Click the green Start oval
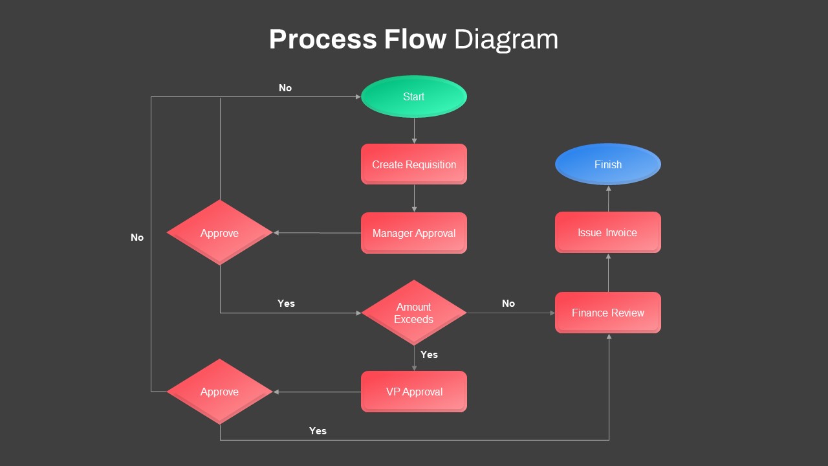click(x=414, y=96)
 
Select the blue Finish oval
click(x=608, y=164)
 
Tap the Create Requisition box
click(x=414, y=164)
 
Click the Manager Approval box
click(x=414, y=233)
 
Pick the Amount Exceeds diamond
click(x=414, y=313)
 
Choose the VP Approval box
click(x=414, y=392)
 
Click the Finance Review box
click(x=608, y=313)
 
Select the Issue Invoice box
click(x=608, y=232)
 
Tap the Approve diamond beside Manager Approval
click(x=220, y=233)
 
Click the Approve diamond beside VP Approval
click(x=220, y=392)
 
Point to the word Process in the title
click(x=323, y=39)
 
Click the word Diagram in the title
click(x=506, y=39)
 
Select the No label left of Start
click(x=285, y=88)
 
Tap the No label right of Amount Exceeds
click(x=508, y=304)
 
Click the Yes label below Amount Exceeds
click(x=429, y=355)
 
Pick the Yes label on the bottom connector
click(x=318, y=431)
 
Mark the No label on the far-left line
click(x=137, y=238)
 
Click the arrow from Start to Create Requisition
click(x=414, y=131)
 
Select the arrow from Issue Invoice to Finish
click(x=608, y=198)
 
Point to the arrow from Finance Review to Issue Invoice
click(x=608, y=272)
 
